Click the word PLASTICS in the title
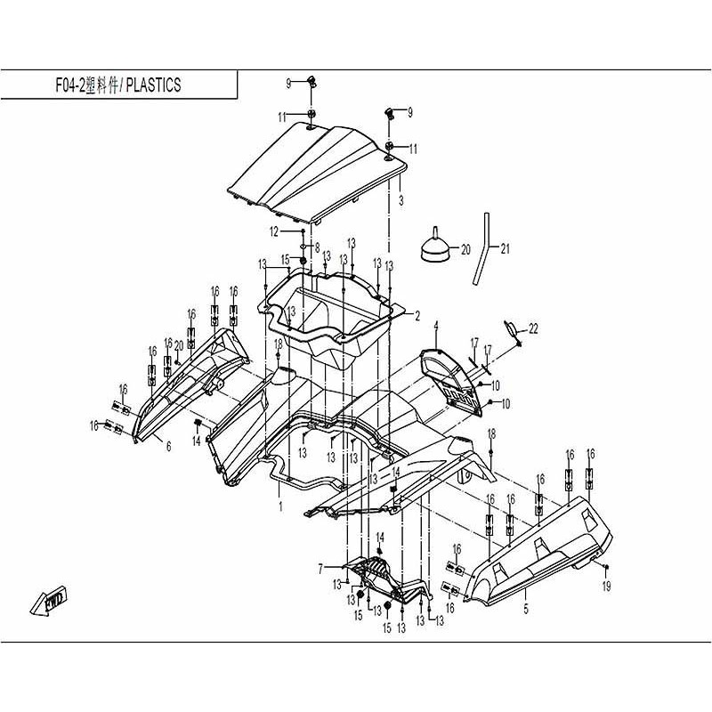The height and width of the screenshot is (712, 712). (152, 85)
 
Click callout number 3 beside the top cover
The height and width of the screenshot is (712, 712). (401, 201)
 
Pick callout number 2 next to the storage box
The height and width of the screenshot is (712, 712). (417, 314)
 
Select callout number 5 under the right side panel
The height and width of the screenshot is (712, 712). (526, 611)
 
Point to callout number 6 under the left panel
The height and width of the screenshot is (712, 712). (167, 447)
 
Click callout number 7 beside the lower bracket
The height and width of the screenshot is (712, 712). (320, 567)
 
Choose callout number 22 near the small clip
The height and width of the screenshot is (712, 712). (534, 329)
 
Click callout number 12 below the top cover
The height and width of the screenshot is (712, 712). (276, 231)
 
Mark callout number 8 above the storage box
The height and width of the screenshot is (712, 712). (316, 247)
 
